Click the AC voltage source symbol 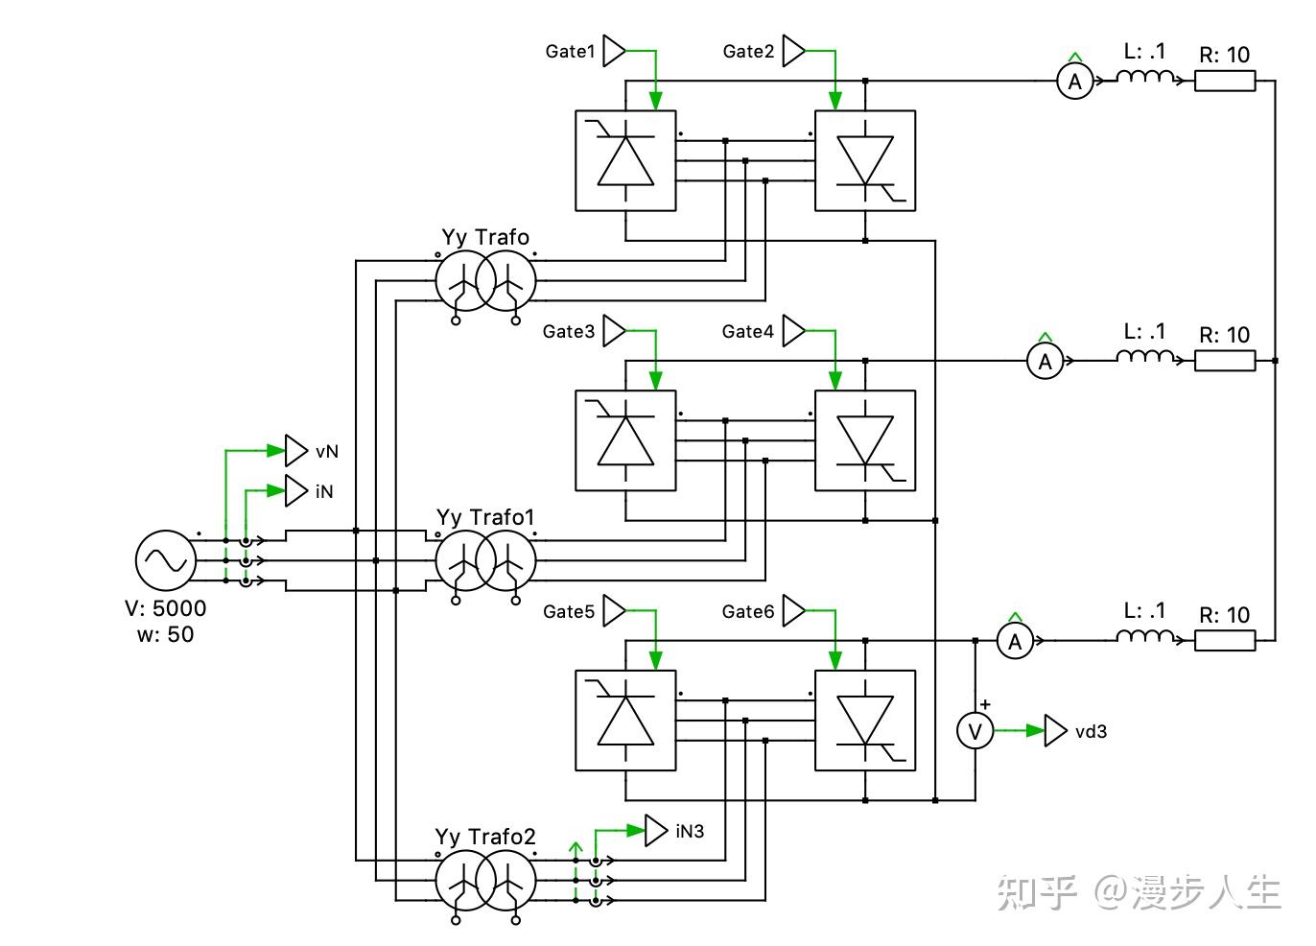click(x=165, y=560)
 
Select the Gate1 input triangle click(x=614, y=51)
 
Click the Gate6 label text click(x=748, y=611)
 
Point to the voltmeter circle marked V click(x=975, y=731)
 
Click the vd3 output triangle click(x=1055, y=731)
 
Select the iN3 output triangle click(x=655, y=831)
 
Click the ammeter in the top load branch click(x=1075, y=82)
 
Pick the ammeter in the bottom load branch click(x=1016, y=641)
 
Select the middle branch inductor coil click(x=1144, y=358)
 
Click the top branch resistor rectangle click(x=1225, y=82)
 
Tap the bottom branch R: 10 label click(x=1225, y=615)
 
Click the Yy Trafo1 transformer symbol click(x=485, y=561)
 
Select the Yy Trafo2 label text click(x=485, y=837)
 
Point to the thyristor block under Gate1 click(x=625, y=160)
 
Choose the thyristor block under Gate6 click(x=865, y=721)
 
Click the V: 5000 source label click(x=165, y=608)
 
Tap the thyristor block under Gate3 click(x=625, y=440)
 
